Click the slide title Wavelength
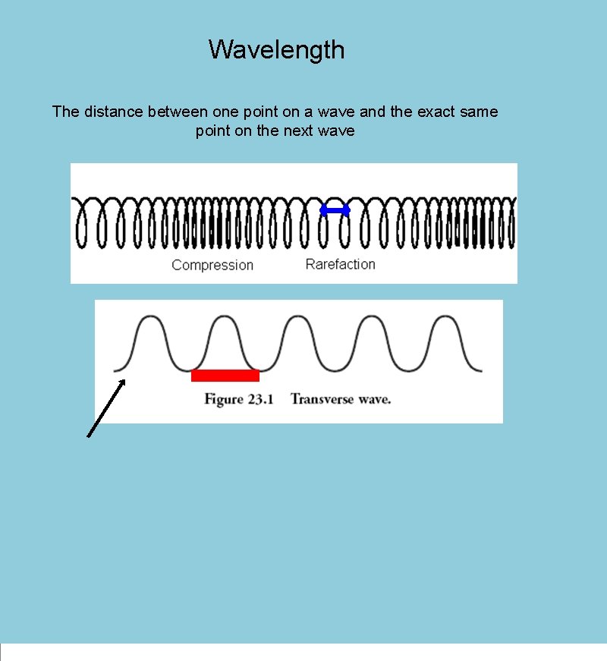pyautogui.click(x=276, y=50)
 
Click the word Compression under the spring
pyautogui.click(x=212, y=265)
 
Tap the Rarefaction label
pyautogui.click(x=340, y=264)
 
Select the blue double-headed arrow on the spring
pyautogui.click(x=335, y=210)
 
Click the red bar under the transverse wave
pyautogui.click(x=225, y=375)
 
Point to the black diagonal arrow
pyautogui.click(x=106, y=409)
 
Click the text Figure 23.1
pyautogui.click(x=234, y=399)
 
